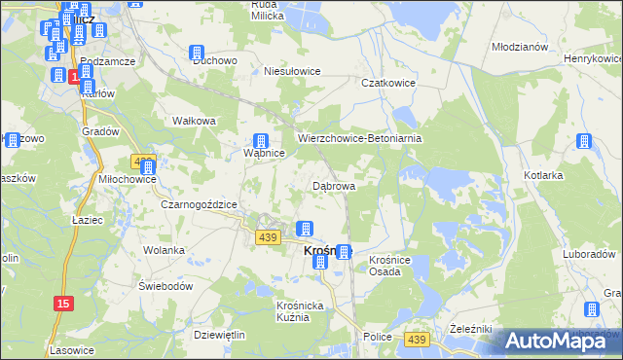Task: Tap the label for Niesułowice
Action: tap(293, 71)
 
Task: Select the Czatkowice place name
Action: tap(388, 84)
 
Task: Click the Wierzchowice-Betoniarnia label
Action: tap(359, 139)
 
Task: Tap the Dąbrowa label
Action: tap(333, 185)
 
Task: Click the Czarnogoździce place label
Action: tap(200, 204)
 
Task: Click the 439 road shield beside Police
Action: tap(418, 338)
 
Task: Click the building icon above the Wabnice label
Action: tap(261, 141)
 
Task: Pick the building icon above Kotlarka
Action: tap(583, 141)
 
